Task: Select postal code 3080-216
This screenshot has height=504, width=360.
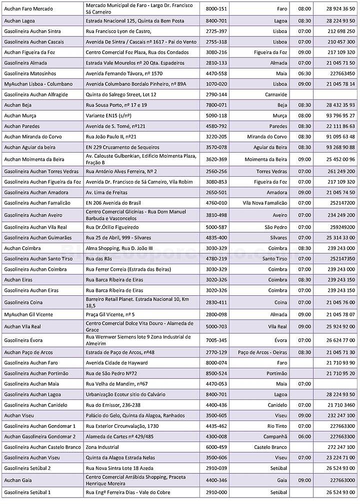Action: pyautogui.click(x=216, y=53)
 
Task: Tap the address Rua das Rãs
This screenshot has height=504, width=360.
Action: pyautogui.click(x=99, y=259)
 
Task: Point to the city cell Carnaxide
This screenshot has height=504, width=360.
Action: pyautogui.click(x=276, y=94)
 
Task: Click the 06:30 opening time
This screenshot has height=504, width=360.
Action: pyautogui.click(x=304, y=74)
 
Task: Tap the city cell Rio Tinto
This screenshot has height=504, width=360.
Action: pyautogui.click(x=277, y=426)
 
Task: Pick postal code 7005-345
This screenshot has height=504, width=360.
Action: pyautogui.click(x=216, y=340)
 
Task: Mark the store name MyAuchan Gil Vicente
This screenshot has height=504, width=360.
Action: pyautogui.click(x=27, y=314)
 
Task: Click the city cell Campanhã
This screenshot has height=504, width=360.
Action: pyautogui.click(x=275, y=436)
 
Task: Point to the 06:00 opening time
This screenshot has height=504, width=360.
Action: pyautogui.click(x=304, y=436)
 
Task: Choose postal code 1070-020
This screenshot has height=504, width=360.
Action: pyautogui.click(x=216, y=84)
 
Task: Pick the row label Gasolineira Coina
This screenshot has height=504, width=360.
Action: pyautogui.click(x=23, y=302)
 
